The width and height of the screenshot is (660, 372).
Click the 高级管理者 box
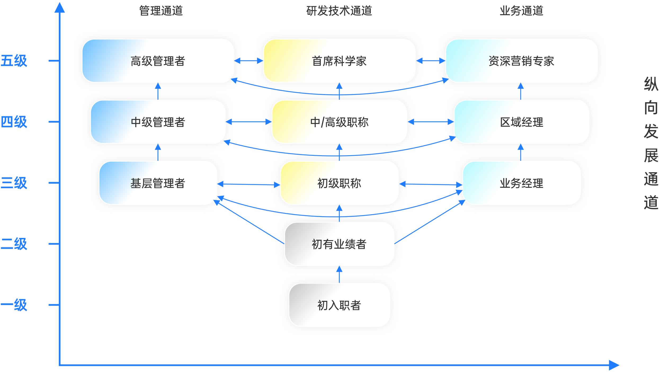click(x=158, y=61)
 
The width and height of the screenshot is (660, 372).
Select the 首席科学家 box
click(x=339, y=61)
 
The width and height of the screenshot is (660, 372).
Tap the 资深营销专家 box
click(x=521, y=61)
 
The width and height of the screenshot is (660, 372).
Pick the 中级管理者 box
click(x=158, y=122)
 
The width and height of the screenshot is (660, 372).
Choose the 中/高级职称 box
click(x=339, y=122)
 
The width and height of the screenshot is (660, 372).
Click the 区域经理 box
click(x=521, y=122)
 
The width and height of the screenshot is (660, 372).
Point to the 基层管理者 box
click(x=158, y=183)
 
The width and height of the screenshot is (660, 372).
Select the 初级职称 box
click(x=339, y=183)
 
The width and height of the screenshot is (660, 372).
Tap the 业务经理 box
click(x=521, y=183)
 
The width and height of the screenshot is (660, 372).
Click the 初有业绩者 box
click(x=339, y=244)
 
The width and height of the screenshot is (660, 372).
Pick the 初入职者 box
click(x=339, y=305)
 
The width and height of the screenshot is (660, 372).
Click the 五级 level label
click(x=14, y=61)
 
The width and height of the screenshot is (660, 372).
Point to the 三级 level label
click(x=14, y=183)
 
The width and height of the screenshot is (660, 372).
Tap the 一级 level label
click(x=14, y=305)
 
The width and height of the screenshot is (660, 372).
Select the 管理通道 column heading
click(x=161, y=11)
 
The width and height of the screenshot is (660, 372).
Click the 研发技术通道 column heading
click(x=339, y=11)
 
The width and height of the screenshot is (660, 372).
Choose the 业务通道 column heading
click(x=521, y=11)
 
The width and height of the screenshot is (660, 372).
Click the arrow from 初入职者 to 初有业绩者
click(x=339, y=274)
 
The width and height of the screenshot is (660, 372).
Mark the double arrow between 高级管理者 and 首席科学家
click(x=248, y=61)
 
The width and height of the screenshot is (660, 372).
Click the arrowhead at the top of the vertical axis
click(x=60, y=7)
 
